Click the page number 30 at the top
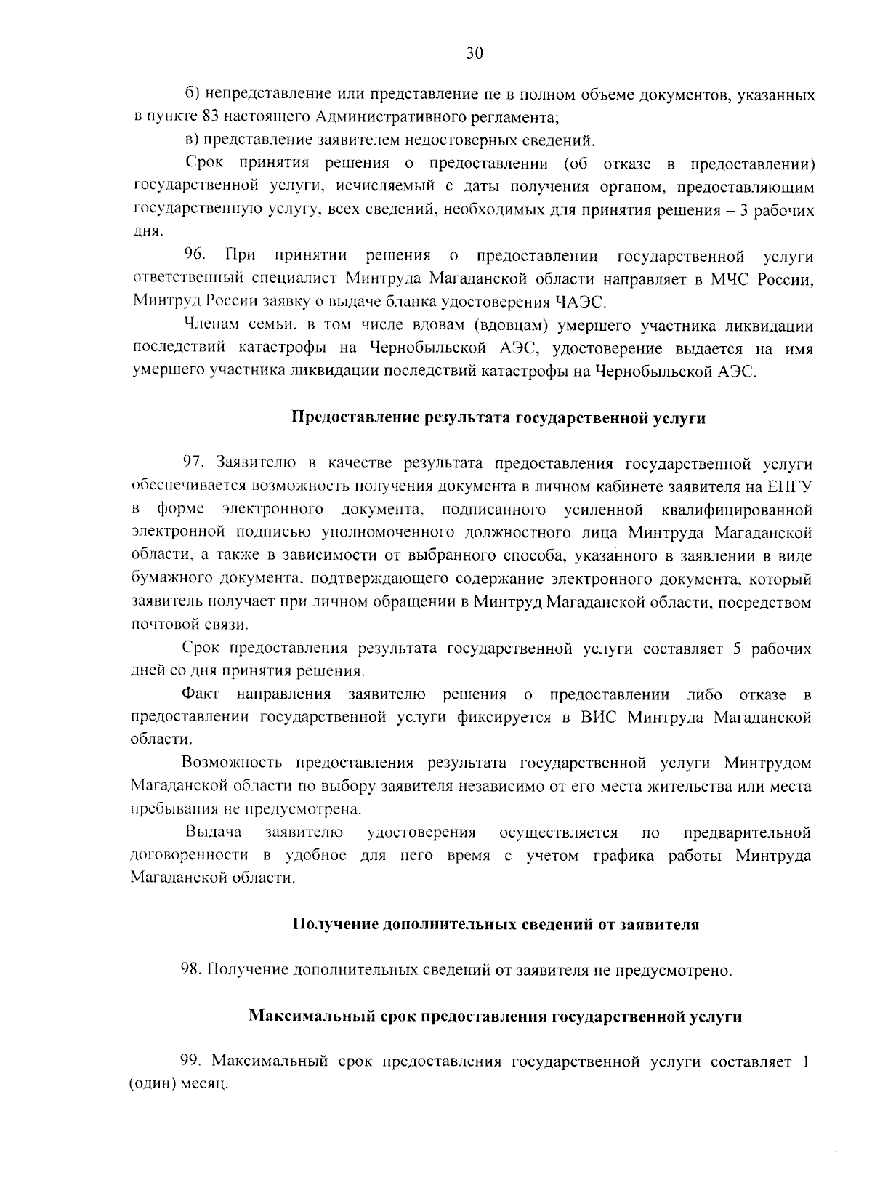pyautogui.click(x=474, y=53)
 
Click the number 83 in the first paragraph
pyautogui.click(x=211, y=118)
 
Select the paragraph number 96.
pyautogui.click(x=195, y=255)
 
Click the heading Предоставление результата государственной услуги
pyautogui.click(x=498, y=418)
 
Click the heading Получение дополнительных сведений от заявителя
pyautogui.click(x=496, y=925)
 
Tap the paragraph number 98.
pyautogui.click(x=191, y=970)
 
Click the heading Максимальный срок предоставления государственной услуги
pyautogui.click(x=496, y=1016)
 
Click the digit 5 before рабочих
pyautogui.click(x=737, y=649)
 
